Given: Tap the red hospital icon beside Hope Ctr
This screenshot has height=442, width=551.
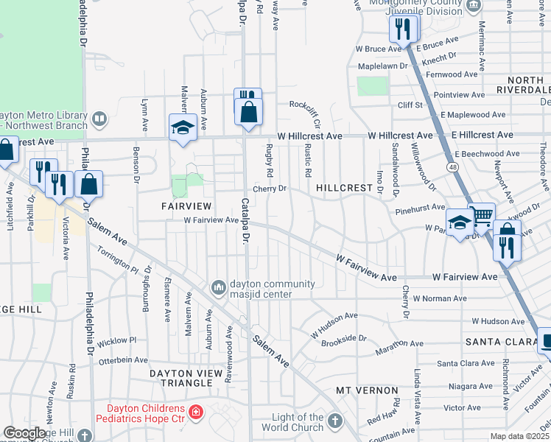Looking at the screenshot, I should [x=196, y=411].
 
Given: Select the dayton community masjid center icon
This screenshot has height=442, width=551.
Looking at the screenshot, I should [x=218, y=287].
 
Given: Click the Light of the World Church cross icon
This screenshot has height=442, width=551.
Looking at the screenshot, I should [x=335, y=421].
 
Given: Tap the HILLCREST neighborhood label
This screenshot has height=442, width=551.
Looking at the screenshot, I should [x=344, y=189].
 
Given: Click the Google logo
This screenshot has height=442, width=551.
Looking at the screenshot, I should [x=24, y=433].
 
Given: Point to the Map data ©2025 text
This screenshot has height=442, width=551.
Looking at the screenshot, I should [x=519, y=436].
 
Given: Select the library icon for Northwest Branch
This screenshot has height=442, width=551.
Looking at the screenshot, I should [x=99, y=118].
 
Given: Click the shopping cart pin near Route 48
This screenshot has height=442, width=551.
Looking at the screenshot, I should [x=482, y=216].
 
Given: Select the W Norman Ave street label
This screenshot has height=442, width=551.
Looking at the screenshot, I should [x=440, y=298].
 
